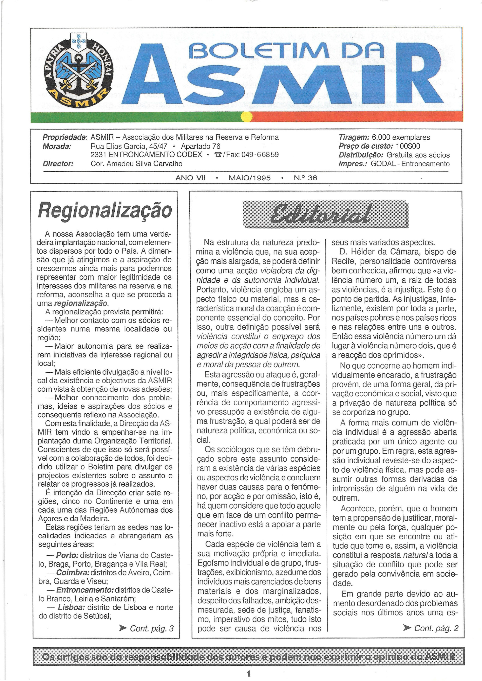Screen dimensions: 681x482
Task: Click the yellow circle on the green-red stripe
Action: (x=246, y=117)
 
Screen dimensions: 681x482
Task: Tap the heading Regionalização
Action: (x=105, y=210)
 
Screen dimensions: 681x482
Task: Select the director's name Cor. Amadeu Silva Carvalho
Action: (x=137, y=164)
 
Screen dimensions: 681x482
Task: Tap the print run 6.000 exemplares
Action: (x=401, y=137)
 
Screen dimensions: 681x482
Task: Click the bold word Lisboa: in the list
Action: (x=71, y=607)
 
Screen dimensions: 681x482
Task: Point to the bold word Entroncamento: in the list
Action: (x=85, y=590)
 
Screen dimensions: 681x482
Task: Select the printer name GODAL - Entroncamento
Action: (x=410, y=164)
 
